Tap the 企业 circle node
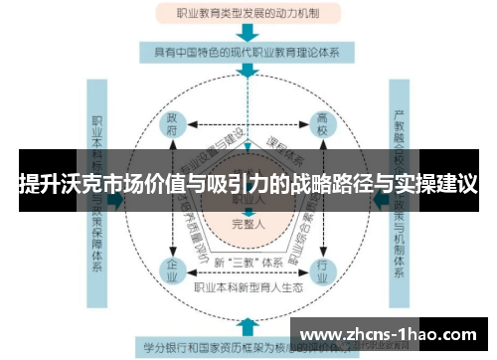[173, 268]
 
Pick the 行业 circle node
[322, 268]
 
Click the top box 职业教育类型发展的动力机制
[248, 15]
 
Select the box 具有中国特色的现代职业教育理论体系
[248, 52]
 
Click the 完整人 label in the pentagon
[248, 225]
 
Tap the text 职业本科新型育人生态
[248, 288]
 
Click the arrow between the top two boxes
[248, 33]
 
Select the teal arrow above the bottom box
[248, 325]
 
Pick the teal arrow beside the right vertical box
[381, 200]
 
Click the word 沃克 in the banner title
[79, 184]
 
